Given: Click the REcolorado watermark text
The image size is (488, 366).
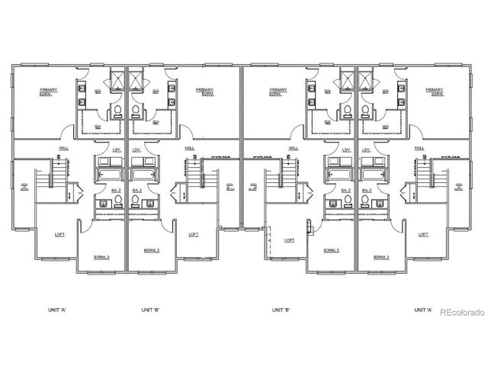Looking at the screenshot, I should [459, 311].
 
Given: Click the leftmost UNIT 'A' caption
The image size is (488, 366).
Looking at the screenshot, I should [50, 310].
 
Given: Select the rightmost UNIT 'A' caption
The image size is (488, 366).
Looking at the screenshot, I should [423, 310].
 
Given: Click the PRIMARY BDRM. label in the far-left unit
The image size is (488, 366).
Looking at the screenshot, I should [50, 92].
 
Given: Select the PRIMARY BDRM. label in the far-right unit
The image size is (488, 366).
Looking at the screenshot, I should [435, 92].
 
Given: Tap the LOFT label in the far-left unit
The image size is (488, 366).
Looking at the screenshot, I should [60, 234].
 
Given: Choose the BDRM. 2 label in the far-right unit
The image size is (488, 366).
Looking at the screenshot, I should [381, 258].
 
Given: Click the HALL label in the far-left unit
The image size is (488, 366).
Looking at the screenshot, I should [62, 148].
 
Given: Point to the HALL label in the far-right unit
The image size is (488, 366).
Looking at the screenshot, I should [419, 148].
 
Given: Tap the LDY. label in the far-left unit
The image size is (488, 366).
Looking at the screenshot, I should [117, 149].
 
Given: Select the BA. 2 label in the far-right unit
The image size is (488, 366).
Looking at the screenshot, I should [367, 190].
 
